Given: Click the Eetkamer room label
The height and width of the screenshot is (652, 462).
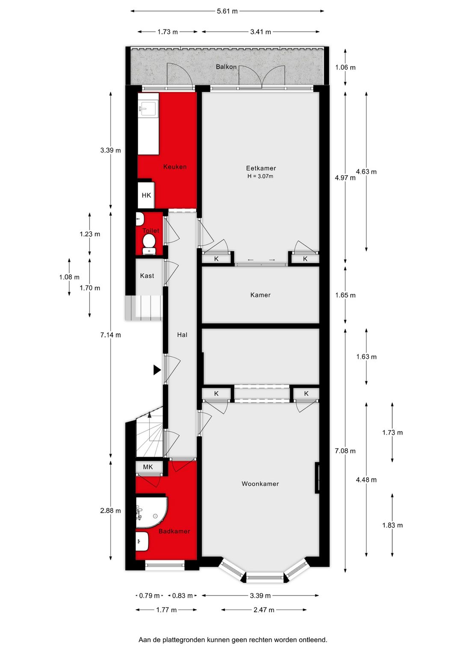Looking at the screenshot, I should click(261, 168).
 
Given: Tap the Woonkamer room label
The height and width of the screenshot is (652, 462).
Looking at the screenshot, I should click(260, 484).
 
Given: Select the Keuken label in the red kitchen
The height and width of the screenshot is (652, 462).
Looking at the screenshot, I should click(175, 167).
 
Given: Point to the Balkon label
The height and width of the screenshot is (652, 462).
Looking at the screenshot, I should click(226, 67).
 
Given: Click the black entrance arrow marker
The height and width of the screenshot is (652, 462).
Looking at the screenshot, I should click(157, 370).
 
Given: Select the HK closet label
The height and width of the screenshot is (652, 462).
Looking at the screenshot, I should click(146, 195).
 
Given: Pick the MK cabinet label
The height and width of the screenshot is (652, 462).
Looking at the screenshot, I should click(148, 467).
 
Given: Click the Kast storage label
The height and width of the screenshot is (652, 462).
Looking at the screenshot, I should click(147, 276).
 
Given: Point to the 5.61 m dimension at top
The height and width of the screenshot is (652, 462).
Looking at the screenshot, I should click(227, 11).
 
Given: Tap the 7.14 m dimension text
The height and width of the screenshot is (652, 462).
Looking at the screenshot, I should click(110, 335).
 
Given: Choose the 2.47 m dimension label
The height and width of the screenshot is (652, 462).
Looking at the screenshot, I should click(264, 610).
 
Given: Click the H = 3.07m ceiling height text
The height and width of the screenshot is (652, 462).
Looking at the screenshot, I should click(260, 176).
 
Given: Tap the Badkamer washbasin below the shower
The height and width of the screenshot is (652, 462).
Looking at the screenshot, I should click(142, 541).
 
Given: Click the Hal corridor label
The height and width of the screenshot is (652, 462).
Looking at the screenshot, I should click(182, 335).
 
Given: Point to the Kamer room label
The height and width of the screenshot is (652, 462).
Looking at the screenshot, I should click(261, 295).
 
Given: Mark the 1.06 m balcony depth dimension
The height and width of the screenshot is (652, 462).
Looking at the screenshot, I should click(345, 68).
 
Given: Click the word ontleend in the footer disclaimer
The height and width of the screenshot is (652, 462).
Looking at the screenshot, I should click(313, 640).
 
